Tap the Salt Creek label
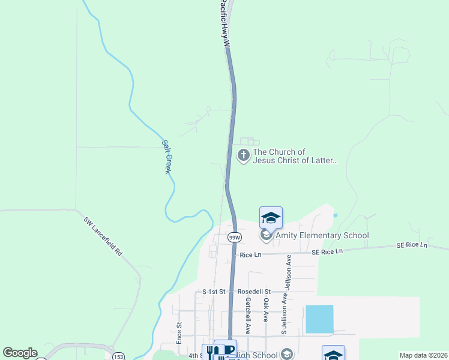tap(167, 157)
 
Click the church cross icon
tap(244, 156)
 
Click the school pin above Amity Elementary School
tap(271, 218)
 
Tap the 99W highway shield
tap(235, 238)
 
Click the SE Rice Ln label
tap(412, 245)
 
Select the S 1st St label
tap(213, 292)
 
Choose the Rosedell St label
tap(255, 292)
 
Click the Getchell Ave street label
tap(247, 317)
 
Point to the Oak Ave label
tap(265, 311)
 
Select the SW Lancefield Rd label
tap(103, 236)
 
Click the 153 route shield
tap(117, 356)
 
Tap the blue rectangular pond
tap(319, 319)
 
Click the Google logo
tap(20, 353)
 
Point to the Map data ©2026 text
tap(423, 355)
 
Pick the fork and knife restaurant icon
tap(208, 352)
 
